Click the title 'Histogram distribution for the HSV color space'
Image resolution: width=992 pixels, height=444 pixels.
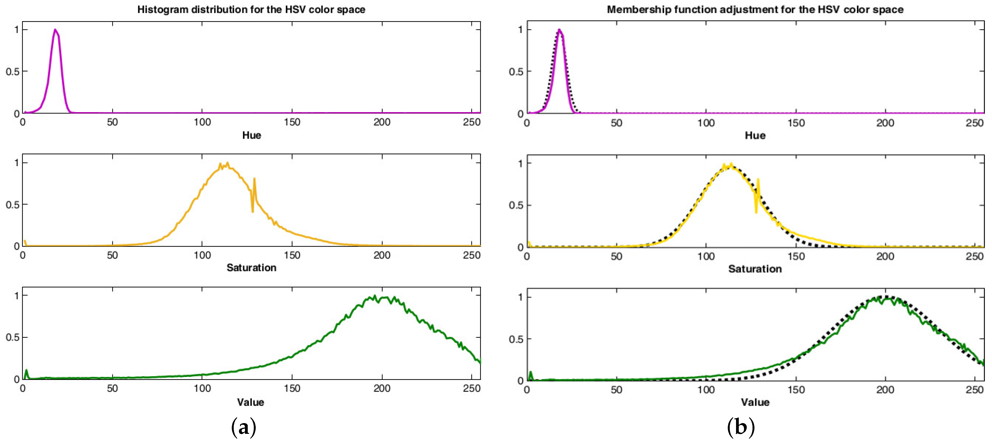tap(251, 10)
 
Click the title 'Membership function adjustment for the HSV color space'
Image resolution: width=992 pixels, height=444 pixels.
tap(755, 10)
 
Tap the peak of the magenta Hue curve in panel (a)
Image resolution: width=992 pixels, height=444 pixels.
tap(55, 30)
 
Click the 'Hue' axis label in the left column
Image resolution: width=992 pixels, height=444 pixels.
tap(252, 135)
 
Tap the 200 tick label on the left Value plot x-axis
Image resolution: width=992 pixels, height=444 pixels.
tap(382, 388)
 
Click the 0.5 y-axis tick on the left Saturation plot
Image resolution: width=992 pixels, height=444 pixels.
tap(12, 205)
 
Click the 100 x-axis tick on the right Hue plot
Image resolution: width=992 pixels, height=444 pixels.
tap(706, 123)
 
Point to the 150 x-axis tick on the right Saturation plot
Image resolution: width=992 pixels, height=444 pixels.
tap(796, 256)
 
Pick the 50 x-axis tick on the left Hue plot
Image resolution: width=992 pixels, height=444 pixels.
tap(112, 122)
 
